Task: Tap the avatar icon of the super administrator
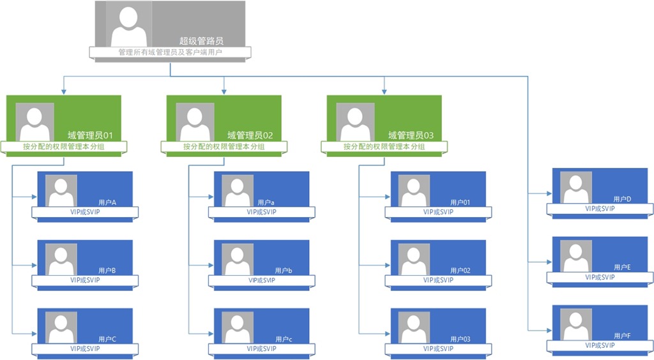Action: [129, 24]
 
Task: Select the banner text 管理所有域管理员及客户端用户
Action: [170, 52]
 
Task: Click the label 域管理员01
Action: [90, 135]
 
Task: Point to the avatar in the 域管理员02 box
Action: [195, 122]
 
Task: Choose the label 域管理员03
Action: [411, 135]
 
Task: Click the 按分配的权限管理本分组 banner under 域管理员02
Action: [224, 147]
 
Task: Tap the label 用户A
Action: [107, 202]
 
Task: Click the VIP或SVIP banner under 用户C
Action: [85, 349]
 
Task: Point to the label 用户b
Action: [284, 271]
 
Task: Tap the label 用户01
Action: [460, 202]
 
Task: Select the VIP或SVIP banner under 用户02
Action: [439, 280]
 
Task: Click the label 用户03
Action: [460, 339]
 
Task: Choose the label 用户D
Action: [621, 199]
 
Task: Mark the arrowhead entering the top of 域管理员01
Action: [63, 92]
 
